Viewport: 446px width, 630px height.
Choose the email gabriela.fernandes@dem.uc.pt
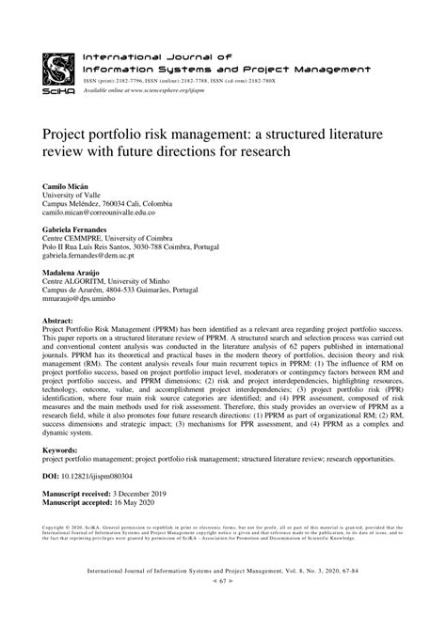pyautogui.click(x=96, y=256)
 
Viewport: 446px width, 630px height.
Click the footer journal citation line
pyautogui.click(x=223, y=597)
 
